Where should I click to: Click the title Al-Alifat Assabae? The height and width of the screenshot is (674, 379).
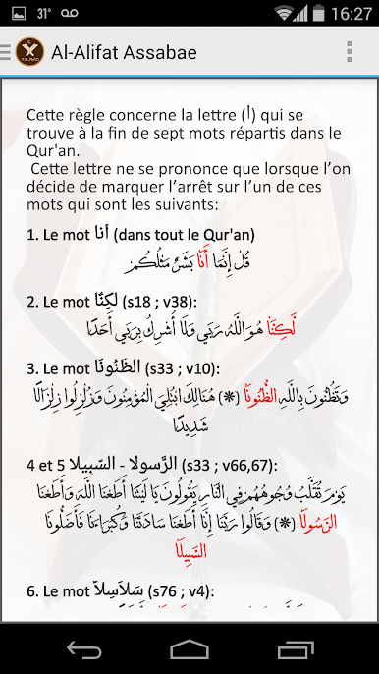[x=124, y=52]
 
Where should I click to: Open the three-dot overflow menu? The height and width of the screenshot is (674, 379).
[x=349, y=52]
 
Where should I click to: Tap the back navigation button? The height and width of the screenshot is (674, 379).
[x=83, y=649]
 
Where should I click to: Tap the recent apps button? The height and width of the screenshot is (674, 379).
[x=295, y=649]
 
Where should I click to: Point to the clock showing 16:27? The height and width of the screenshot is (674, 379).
[x=352, y=14]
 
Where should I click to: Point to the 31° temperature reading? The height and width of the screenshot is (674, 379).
[x=43, y=14]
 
